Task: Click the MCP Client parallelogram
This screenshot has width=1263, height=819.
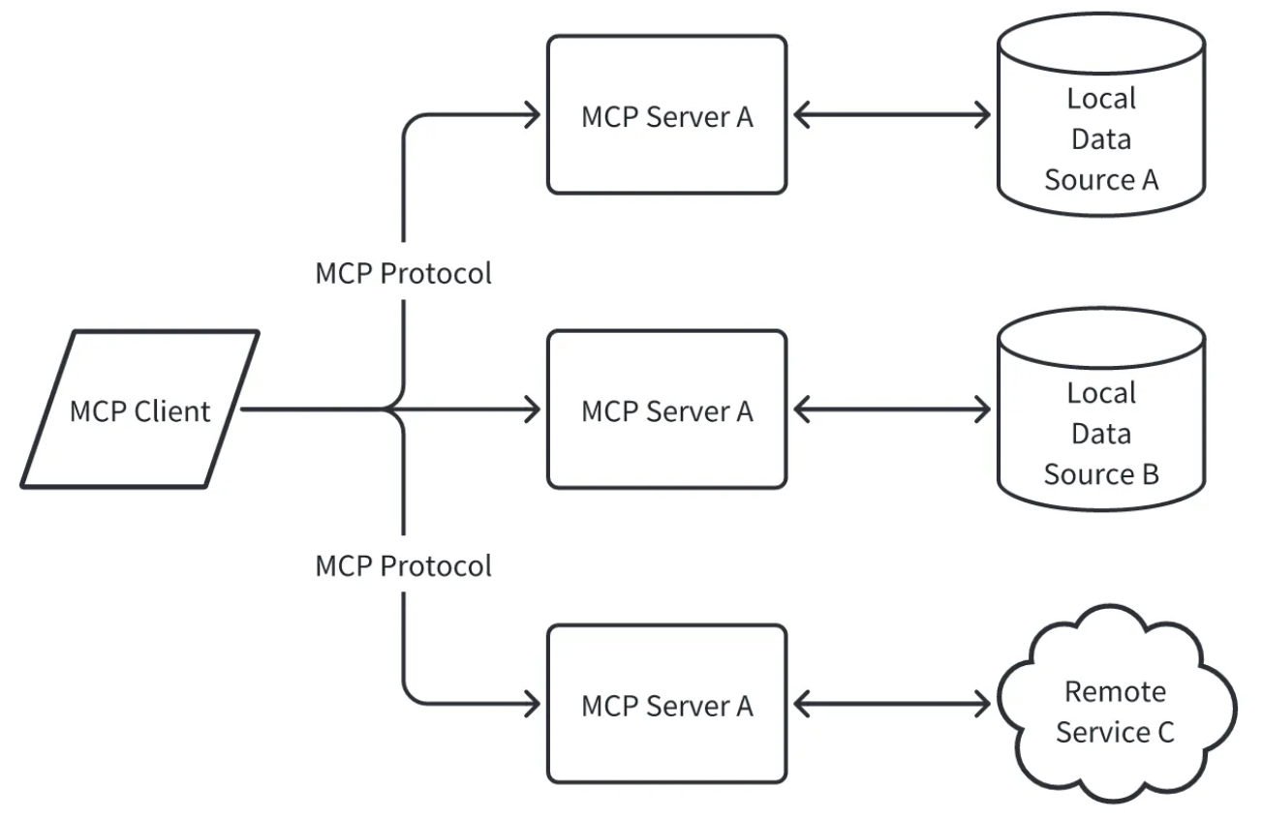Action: [x=139, y=409]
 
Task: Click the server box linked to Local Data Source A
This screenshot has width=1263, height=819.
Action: [x=666, y=115]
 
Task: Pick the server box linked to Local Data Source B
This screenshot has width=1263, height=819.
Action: [x=666, y=409]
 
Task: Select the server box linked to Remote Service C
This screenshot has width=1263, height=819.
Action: [x=666, y=705]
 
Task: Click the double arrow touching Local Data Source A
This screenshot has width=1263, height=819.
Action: [x=892, y=116]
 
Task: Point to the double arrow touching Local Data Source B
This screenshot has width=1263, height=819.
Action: [x=892, y=410]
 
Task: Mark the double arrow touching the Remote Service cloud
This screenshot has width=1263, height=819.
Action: [x=892, y=705]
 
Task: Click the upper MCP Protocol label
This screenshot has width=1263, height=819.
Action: [x=403, y=274]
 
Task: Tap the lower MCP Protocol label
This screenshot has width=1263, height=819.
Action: [x=403, y=565]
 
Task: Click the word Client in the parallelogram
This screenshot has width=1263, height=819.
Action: [x=172, y=410]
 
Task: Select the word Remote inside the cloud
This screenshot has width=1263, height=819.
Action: [x=1115, y=692]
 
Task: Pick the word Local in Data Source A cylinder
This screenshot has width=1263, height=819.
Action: [x=1101, y=98]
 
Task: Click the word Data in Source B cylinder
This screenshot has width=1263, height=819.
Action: [x=1101, y=435]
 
